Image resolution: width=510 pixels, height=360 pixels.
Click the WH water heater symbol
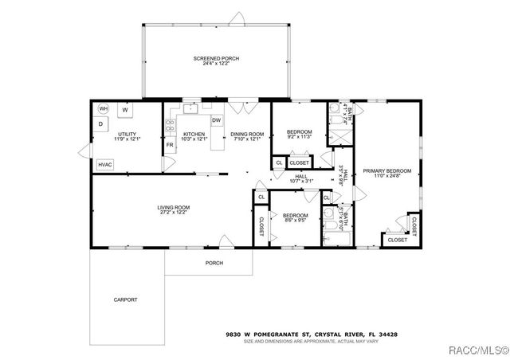point(103,108)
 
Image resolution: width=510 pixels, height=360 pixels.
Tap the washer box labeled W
point(125,109)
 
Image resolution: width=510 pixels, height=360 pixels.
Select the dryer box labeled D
point(101,124)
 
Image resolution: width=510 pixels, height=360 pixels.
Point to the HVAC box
point(105,164)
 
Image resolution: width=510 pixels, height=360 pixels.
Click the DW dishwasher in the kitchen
point(215,120)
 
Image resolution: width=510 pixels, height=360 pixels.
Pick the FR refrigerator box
point(170,147)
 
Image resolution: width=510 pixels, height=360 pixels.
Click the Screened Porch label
point(216,59)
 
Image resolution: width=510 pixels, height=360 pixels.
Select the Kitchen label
point(194,134)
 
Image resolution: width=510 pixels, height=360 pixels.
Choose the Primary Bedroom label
point(387,170)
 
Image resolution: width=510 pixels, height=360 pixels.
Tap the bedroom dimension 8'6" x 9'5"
point(295,221)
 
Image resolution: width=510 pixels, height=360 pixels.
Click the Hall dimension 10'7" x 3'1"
point(301,181)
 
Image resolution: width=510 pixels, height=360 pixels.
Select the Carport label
point(124,299)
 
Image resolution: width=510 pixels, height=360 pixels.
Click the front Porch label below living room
point(214,263)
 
